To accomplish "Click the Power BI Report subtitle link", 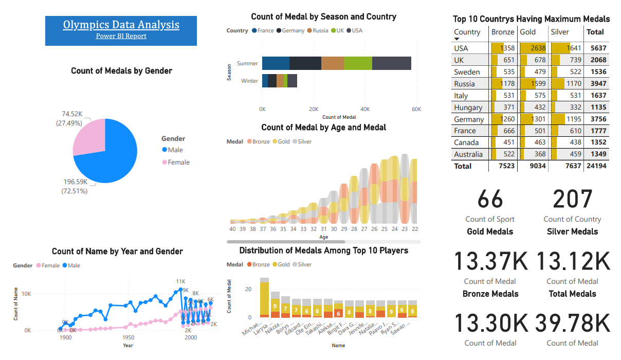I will click(x=121, y=36).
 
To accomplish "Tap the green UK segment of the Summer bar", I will click(x=358, y=63).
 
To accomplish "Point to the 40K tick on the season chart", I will click(x=365, y=109).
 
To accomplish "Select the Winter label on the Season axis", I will click(x=250, y=81).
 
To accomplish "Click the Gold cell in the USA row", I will click(x=532, y=48).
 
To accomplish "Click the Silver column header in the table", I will click(x=560, y=32).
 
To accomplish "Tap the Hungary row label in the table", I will click(x=468, y=107).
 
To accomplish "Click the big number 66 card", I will click(x=490, y=200).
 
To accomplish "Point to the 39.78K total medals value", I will click(x=572, y=323).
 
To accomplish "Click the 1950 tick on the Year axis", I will click(x=128, y=338).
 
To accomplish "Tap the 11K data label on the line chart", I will click(x=180, y=282).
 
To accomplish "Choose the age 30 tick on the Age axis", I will click(x=334, y=229).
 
